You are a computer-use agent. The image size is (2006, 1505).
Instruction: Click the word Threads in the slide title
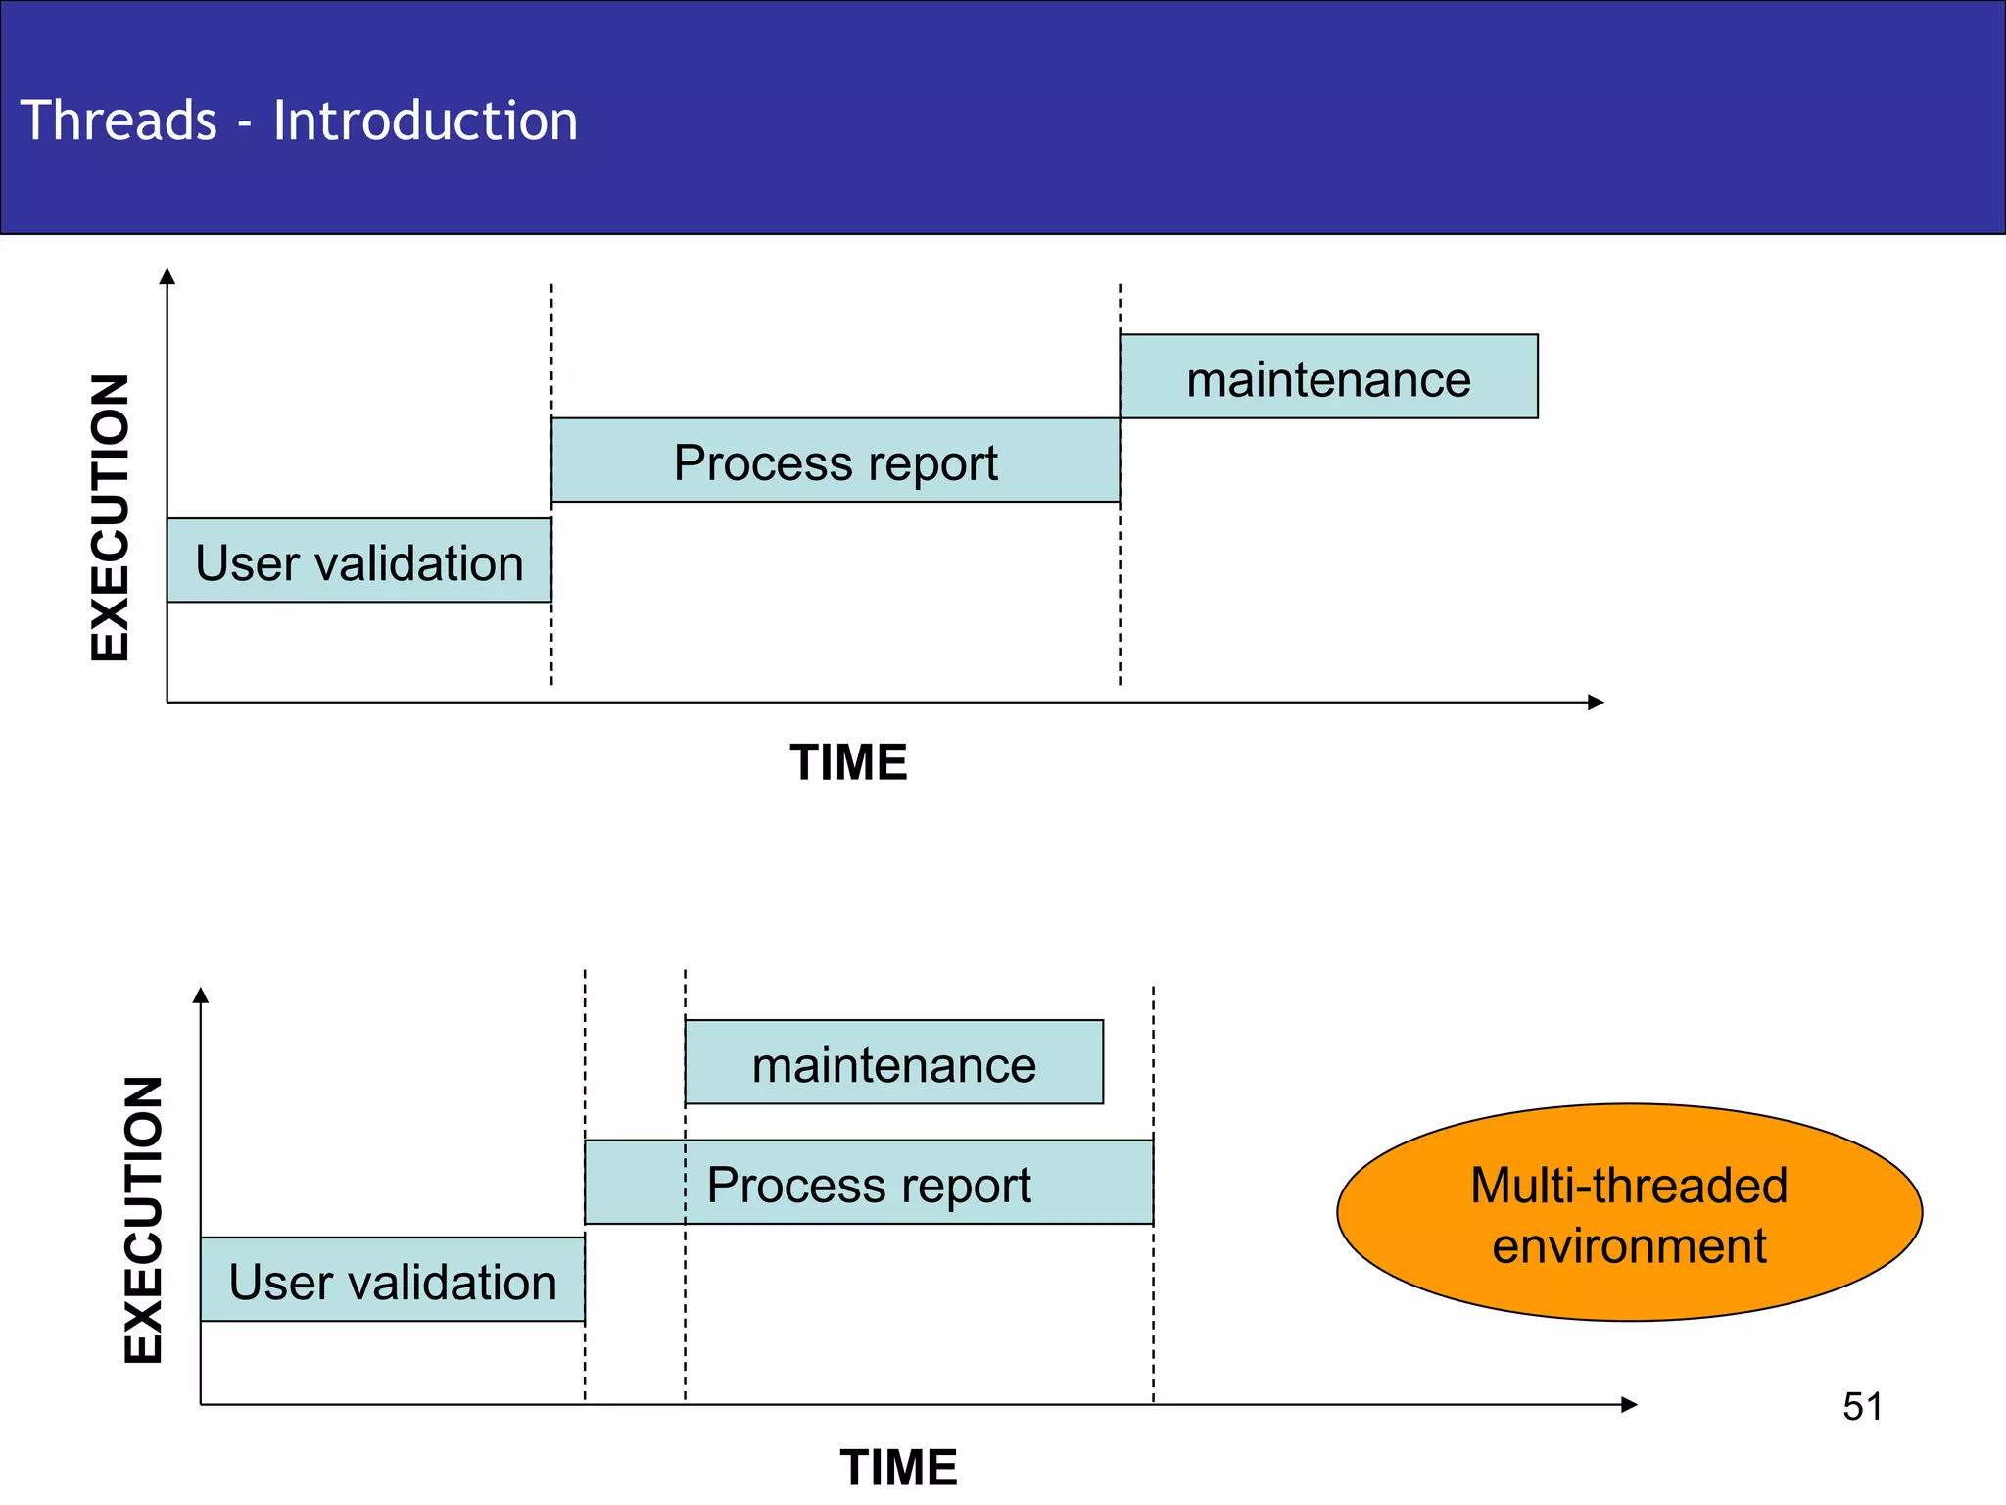[x=119, y=121]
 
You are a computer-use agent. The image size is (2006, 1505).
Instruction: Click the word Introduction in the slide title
[x=425, y=121]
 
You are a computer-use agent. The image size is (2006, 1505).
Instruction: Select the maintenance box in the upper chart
[x=1328, y=377]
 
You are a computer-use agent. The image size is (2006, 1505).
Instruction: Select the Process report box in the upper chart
[x=835, y=461]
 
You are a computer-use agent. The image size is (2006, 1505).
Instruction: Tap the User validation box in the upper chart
[x=358, y=560]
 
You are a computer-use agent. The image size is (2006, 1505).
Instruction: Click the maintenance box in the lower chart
[x=893, y=1062]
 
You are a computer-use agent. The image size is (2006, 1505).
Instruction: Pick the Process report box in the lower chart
[x=868, y=1183]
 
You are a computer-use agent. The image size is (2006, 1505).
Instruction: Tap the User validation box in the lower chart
[x=392, y=1280]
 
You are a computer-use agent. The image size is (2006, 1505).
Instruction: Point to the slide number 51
[x=1862, y=1407]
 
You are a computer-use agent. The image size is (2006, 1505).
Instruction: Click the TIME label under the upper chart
[x=848, y=762]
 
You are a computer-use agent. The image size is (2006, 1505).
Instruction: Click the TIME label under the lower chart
[x=898, y=1467]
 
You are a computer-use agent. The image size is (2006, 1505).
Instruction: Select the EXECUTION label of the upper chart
[x=110, y=517]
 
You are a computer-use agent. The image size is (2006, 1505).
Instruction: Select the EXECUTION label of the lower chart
[x=143, y=1220]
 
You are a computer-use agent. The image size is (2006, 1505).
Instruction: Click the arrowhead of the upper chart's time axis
[x=1596, y=703]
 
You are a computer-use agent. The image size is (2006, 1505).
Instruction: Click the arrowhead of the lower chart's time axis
[x=1629, y=1405]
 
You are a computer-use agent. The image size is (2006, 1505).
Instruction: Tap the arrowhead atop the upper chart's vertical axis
[x=167, y=276]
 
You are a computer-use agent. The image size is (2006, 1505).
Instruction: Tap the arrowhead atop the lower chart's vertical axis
[x=201, y=995]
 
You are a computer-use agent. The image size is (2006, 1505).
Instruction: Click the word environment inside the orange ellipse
[x=1629, y=1246]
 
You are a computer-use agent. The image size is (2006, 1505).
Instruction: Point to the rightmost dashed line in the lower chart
[x=1154, y=1303]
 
